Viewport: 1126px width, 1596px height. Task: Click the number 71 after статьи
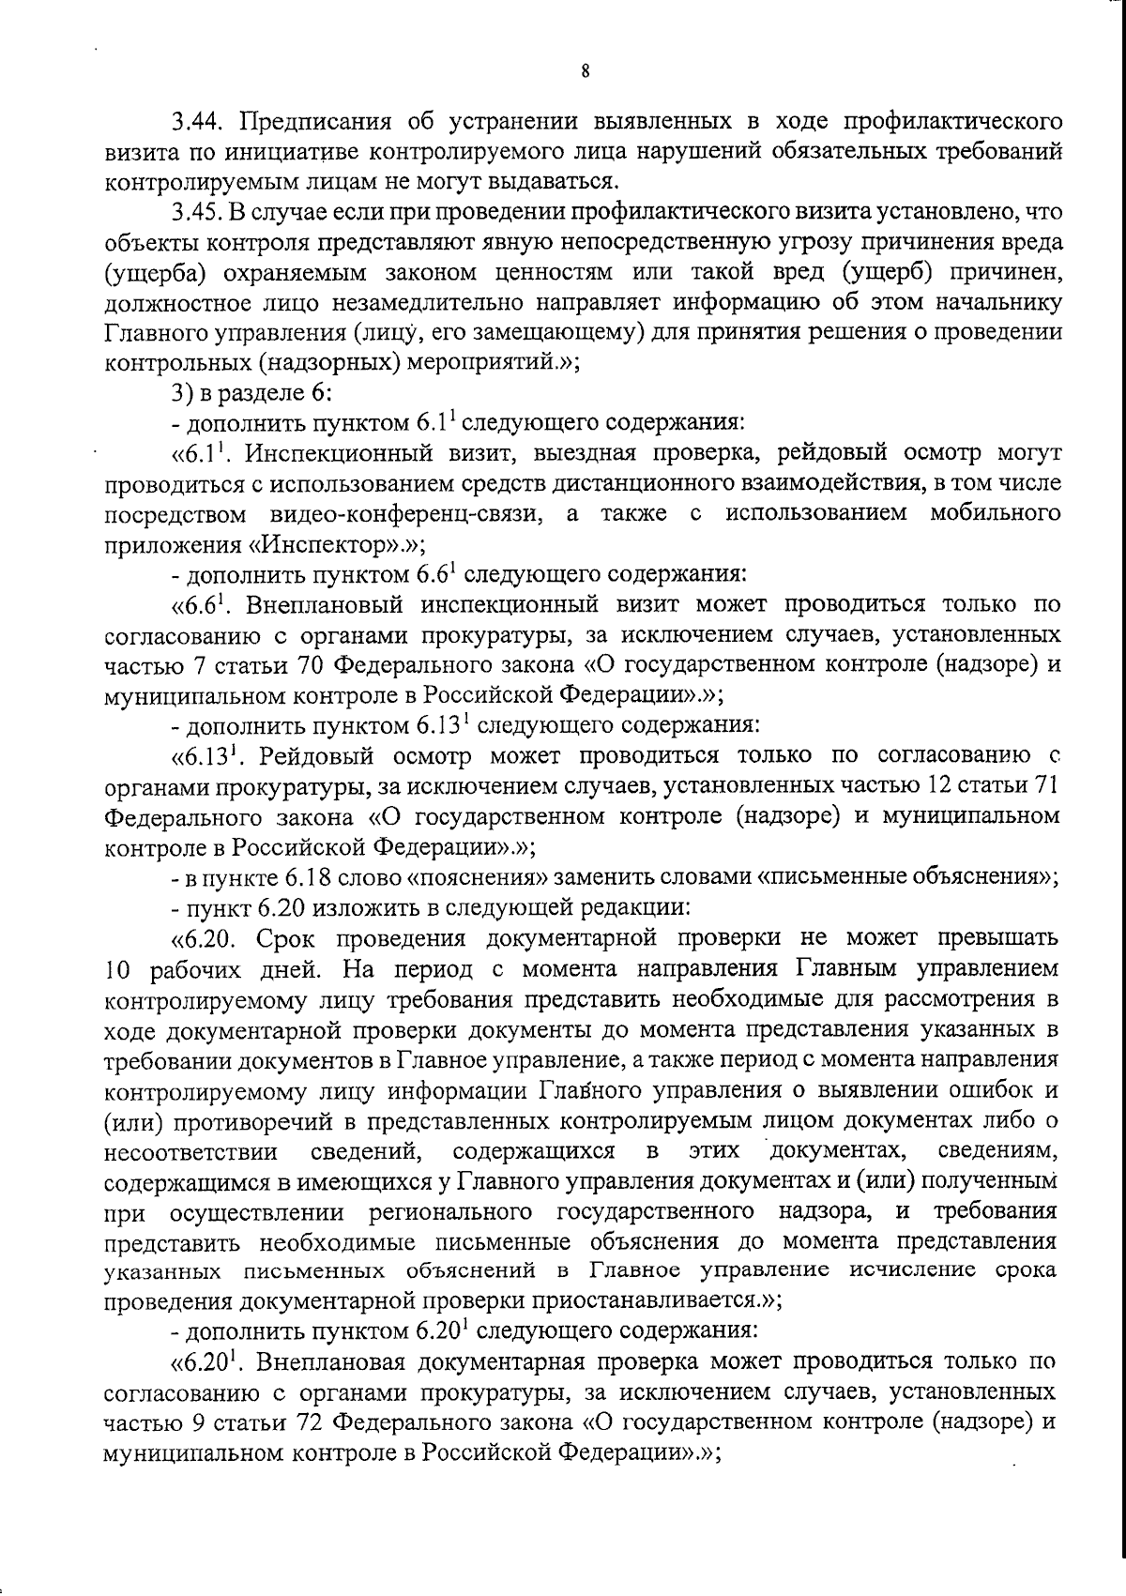pos(1047,786)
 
